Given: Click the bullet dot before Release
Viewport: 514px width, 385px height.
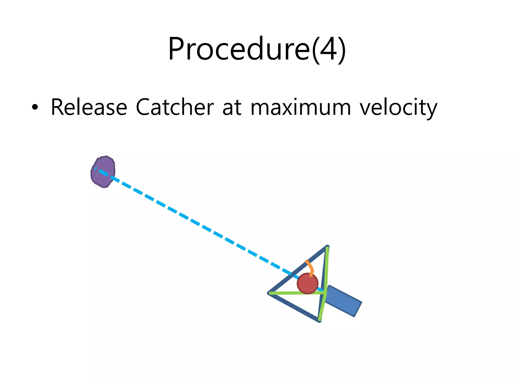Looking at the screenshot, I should point(35,107).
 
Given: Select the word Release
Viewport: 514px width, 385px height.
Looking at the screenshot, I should point(89,107).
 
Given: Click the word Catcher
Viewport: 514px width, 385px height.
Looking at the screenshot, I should point(175,107).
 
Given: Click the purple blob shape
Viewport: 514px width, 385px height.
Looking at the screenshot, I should point(103,172).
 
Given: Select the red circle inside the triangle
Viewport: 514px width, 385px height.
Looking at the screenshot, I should point(307,283).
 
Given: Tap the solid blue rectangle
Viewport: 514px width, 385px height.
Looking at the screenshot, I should point(343,301).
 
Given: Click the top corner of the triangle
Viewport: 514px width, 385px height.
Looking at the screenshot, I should point(327,247).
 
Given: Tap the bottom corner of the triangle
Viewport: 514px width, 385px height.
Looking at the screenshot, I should point(319,321).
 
